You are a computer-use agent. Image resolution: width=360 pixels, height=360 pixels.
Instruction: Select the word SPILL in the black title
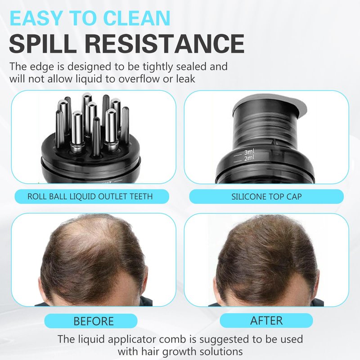point(43,44)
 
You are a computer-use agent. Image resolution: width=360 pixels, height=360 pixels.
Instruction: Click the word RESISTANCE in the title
point(165,44)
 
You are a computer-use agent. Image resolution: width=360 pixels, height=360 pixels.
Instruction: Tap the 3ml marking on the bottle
point(249,152)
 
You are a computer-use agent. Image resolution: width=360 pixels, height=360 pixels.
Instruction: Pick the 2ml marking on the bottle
point(250,158)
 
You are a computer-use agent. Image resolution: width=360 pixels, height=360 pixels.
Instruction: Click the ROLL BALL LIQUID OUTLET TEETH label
point(90,197)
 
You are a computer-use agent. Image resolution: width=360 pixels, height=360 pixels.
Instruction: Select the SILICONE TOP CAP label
point(266,197)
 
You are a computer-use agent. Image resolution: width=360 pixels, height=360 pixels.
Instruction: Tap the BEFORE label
point(94,321)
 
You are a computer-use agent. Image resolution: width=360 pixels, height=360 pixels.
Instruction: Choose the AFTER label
point(266,320)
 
